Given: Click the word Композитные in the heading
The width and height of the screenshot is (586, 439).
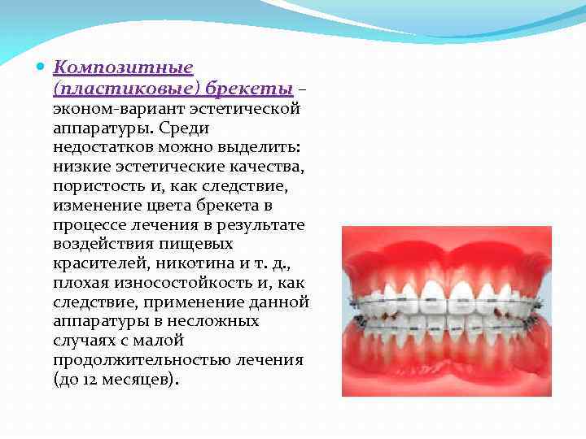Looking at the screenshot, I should click(x=123, y=67).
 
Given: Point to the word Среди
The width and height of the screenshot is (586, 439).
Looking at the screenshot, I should click(x=185, y=128).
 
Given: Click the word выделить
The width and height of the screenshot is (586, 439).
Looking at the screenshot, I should click(x=242, y=147).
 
